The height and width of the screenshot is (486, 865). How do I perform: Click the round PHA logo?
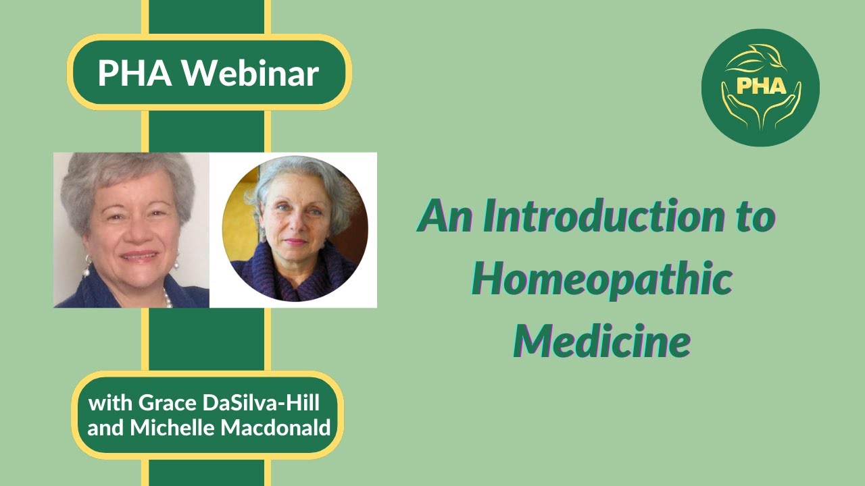(760, 88)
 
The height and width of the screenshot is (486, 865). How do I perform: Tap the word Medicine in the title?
(601, 340)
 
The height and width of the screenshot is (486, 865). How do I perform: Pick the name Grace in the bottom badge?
(163, 404)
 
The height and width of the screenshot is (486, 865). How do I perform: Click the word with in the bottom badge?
(111, 404)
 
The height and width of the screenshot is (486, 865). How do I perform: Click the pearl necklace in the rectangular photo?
(166, 297)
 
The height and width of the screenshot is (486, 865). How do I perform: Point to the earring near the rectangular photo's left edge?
(86, 265)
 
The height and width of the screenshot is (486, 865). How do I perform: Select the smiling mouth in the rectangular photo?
(140, 256)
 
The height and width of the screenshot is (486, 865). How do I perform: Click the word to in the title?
(753, 217)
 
